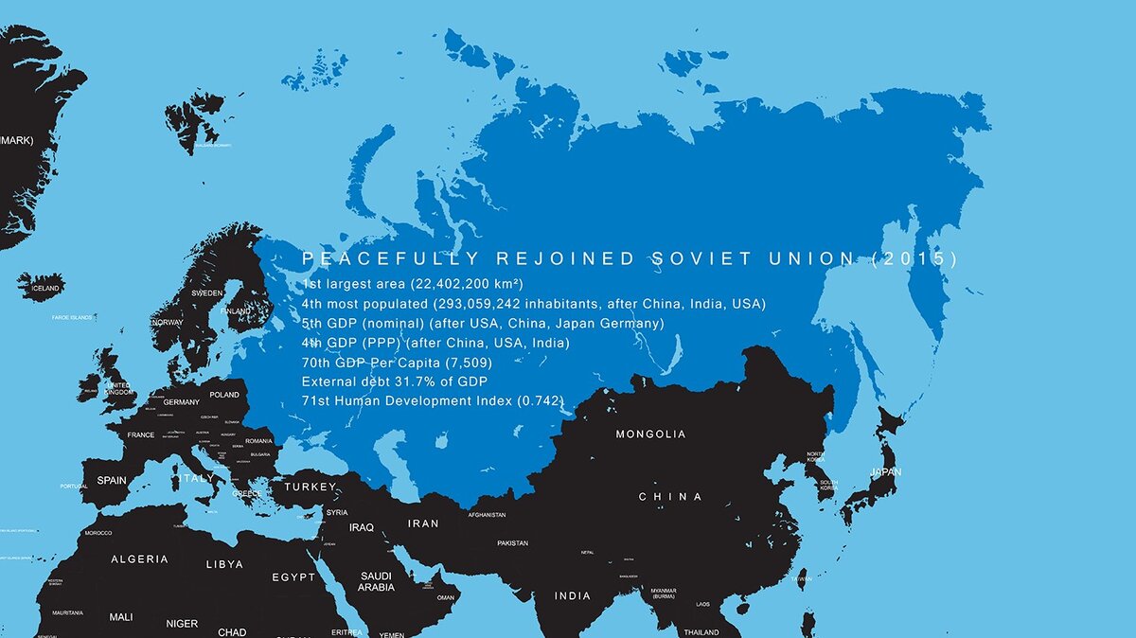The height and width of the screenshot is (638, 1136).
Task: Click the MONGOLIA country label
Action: [x=650, y=434]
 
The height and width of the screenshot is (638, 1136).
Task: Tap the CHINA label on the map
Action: [x=670, y=497]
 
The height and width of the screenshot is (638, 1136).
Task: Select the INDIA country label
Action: [x=573, y=596]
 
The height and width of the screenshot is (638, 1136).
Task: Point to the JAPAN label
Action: [x=886, y=472]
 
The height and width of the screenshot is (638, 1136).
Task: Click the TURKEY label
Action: [x=311, y=487]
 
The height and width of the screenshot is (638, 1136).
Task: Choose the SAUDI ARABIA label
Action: [x=376, y=581]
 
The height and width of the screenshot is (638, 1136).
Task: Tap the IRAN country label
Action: [x=423, y=523]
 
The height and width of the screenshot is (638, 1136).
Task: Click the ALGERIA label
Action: [x=139, y=559]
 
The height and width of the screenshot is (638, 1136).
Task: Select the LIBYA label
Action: [x=224, y=564]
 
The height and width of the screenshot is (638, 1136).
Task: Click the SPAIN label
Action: [x=111, y=481]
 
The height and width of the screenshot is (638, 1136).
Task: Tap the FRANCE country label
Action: [x=140, y=435]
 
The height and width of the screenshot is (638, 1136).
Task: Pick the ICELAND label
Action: [x=44, y=288]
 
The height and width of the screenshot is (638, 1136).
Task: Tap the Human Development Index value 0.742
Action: [x=539, y=401]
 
